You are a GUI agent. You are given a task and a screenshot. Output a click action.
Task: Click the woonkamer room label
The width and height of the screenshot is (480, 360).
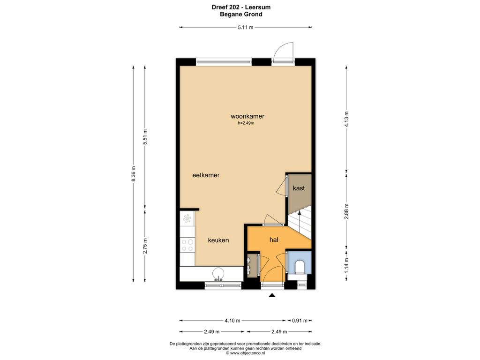tap(247, 116)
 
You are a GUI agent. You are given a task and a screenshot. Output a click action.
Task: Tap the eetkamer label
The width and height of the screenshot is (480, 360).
tap(206, 175)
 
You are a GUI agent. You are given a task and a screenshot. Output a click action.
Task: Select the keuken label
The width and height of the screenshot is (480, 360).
tap(218, 240)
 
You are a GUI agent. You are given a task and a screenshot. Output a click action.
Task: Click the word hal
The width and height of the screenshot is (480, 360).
tap(274, 240)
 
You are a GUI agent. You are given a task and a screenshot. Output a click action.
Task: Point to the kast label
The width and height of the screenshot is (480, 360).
tap(299, 188)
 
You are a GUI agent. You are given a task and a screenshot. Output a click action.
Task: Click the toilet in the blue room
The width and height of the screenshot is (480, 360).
tap(299, 267)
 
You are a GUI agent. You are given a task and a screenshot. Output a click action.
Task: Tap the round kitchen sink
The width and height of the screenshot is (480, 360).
tap(218, 274)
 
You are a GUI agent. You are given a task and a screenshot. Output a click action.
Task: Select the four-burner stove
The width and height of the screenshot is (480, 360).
tap(187, 245)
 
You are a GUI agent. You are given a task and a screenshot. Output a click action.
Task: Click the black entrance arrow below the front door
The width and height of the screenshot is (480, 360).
tap(272, 295)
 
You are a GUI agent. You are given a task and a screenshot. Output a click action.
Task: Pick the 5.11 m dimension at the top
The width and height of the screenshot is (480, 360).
tap(246, 27)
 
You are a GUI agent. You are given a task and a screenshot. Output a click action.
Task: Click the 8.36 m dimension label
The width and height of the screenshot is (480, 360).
tap(133, 174)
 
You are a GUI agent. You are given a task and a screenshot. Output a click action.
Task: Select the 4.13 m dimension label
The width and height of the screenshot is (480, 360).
tap(346, 119)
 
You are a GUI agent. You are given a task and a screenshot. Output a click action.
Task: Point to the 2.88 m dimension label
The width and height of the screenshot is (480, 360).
tap(346, 211)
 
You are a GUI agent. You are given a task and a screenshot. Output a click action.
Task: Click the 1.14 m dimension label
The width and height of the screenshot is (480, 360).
tap(346, 266)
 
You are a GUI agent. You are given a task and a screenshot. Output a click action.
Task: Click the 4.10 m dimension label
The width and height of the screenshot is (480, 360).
tap(232, 321)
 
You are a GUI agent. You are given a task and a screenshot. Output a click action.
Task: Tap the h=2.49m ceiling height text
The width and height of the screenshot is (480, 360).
tap(246, 123)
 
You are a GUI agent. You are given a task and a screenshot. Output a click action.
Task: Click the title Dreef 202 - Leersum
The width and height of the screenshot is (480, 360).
tap(241, 7)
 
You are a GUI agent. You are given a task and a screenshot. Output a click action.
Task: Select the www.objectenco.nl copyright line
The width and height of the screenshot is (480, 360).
tap(246, 353)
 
